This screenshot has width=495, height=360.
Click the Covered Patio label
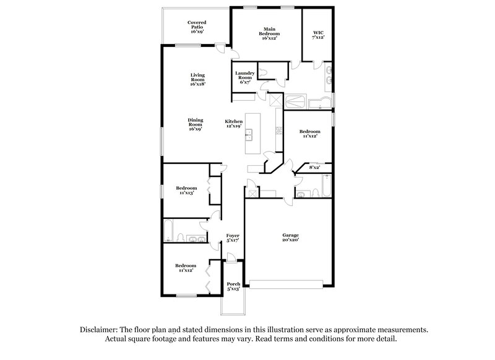[x=197, y=27]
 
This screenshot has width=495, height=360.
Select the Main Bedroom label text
[x=269, y=33]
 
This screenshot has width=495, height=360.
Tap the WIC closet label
[x=318, y=34]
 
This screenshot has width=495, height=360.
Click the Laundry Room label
[x=245, y=77]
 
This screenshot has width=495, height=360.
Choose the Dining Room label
[x=196, y=124]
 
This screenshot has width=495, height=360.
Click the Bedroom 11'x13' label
[x=186, y=191]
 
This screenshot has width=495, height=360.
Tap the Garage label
[x=291, y=235]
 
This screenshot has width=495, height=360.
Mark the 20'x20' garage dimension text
[x=291, y=241]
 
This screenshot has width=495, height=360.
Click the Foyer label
[x=233, y=236]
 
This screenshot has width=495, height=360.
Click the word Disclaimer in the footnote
[x=98, y=330]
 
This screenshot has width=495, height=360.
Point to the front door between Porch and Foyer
[x=233, y=261]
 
